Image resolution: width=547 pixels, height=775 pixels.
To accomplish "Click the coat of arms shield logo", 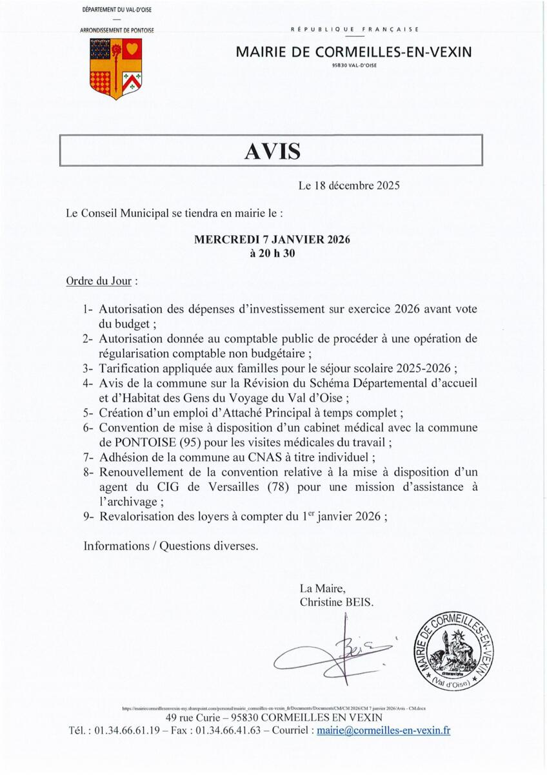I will (115, 68).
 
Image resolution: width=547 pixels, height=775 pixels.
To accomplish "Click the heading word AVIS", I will (272, 151).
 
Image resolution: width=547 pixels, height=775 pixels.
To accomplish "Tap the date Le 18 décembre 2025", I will (349, 186).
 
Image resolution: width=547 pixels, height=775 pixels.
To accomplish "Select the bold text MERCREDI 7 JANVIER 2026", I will (272, 240).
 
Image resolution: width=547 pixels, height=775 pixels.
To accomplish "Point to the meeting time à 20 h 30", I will (272, 254).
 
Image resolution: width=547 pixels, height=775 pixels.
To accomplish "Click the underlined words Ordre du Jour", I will (101, 282).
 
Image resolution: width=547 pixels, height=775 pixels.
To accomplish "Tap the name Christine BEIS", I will (336, 601).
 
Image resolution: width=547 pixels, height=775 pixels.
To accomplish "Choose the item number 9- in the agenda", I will (90, 517).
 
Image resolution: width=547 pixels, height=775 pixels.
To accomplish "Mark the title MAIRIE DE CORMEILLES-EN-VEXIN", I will (353, 52).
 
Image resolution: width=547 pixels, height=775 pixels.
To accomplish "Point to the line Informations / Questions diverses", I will (171, 546).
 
